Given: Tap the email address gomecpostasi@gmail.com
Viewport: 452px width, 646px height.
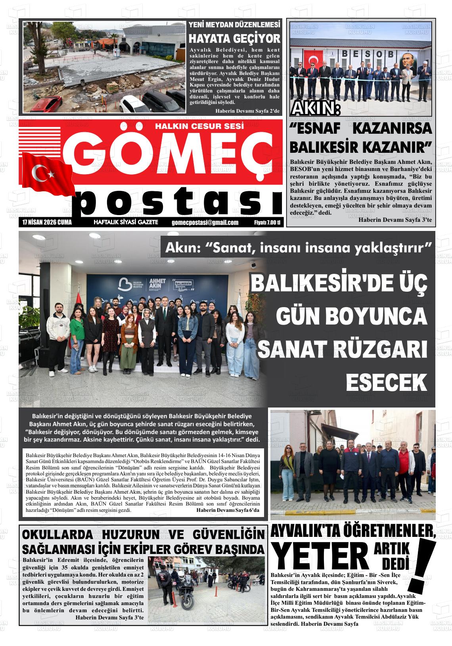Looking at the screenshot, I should (x=205, y=223).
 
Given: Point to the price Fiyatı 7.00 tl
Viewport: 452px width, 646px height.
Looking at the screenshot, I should (x=267, y=223).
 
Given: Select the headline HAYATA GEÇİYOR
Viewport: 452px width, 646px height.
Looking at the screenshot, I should (x=234, y=39).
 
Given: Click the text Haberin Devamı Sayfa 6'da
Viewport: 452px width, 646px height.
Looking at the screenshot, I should (x=228, y=510).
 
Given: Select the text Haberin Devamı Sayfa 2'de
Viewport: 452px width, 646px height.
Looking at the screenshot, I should (x=247, y=111).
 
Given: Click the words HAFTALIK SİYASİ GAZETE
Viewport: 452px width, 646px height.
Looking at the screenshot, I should (x=125, y=222).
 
